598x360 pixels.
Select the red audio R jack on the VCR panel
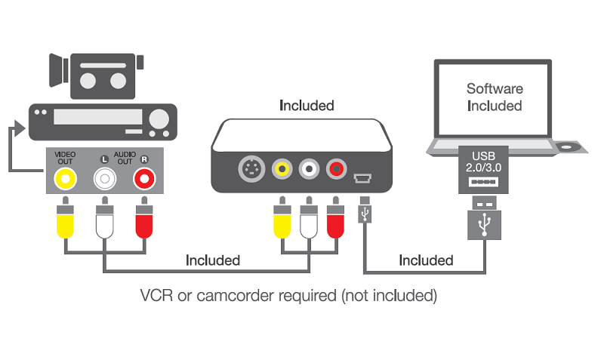[x=143, y=178]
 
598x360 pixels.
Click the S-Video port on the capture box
[x=251, y=168]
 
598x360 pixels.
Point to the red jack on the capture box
[x=334, y=168]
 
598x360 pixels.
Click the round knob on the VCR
[x=159, y=119]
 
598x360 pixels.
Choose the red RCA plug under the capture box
[x=334, y=220]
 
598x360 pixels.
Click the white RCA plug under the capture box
[x=307, y=220]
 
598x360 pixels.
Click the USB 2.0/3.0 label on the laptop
[x=482, y=159]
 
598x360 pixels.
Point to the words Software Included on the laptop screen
[x=494, y=97]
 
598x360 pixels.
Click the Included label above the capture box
[x=307, y=105]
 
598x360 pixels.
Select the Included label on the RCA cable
[x=213, y=260]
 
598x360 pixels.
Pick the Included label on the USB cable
[x=426, y=260]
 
